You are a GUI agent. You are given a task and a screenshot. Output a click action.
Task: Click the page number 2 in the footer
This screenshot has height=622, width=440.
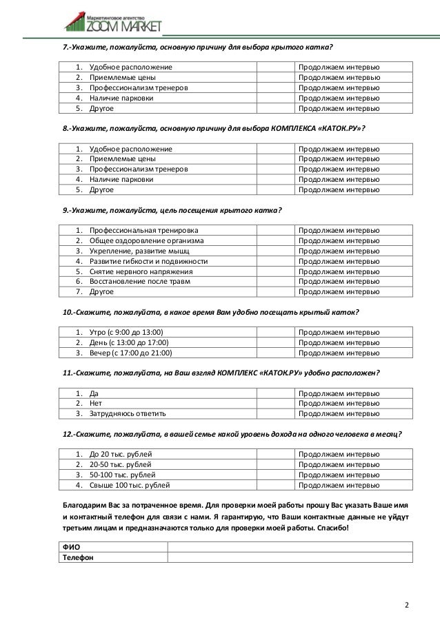pyautogui.click(x=407, y=605)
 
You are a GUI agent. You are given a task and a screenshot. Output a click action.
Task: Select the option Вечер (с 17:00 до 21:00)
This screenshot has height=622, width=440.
pyautogui.click(x=129, y=353)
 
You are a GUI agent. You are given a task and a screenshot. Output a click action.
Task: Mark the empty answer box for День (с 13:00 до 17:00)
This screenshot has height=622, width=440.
pyautogui.click(x=276, y=343)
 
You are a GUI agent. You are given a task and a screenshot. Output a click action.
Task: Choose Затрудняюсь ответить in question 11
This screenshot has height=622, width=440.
pyautogui.click(x=128, y=413)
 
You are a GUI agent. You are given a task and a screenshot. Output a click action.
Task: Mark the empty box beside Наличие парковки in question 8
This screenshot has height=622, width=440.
pyautogui.click(x=276, y=178)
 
